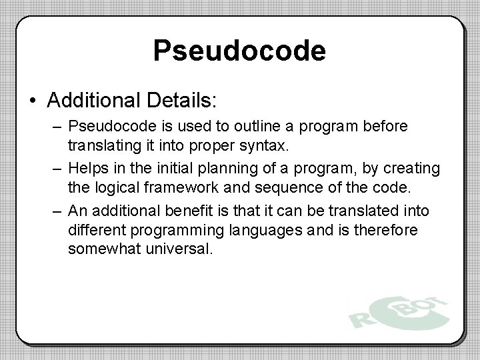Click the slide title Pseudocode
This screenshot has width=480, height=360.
(x=239, y=51)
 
